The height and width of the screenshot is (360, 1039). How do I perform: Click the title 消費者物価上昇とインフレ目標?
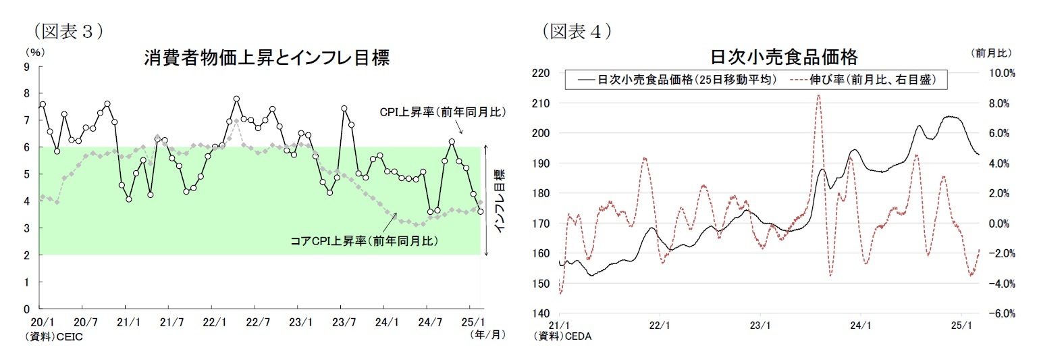click(267, 58)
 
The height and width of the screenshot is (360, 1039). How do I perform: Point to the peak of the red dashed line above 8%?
click(818, 95)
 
